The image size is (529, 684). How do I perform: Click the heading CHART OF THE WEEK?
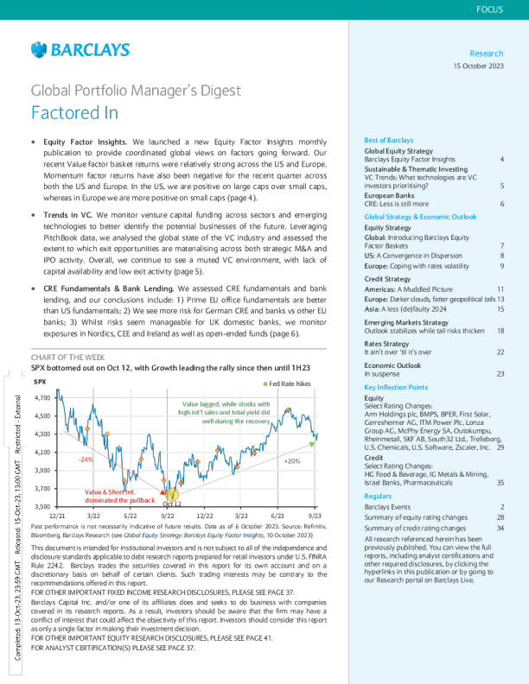(x=68, y=356)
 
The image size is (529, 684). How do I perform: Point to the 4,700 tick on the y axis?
(x=41, y=398)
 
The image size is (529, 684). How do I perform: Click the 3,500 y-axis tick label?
(x=41, y=506)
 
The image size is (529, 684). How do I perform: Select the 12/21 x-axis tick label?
(x=54, y=515)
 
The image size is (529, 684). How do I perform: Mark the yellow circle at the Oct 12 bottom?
(x=171, y=496)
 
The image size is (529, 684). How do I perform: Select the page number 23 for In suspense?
(x=500, y=374)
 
